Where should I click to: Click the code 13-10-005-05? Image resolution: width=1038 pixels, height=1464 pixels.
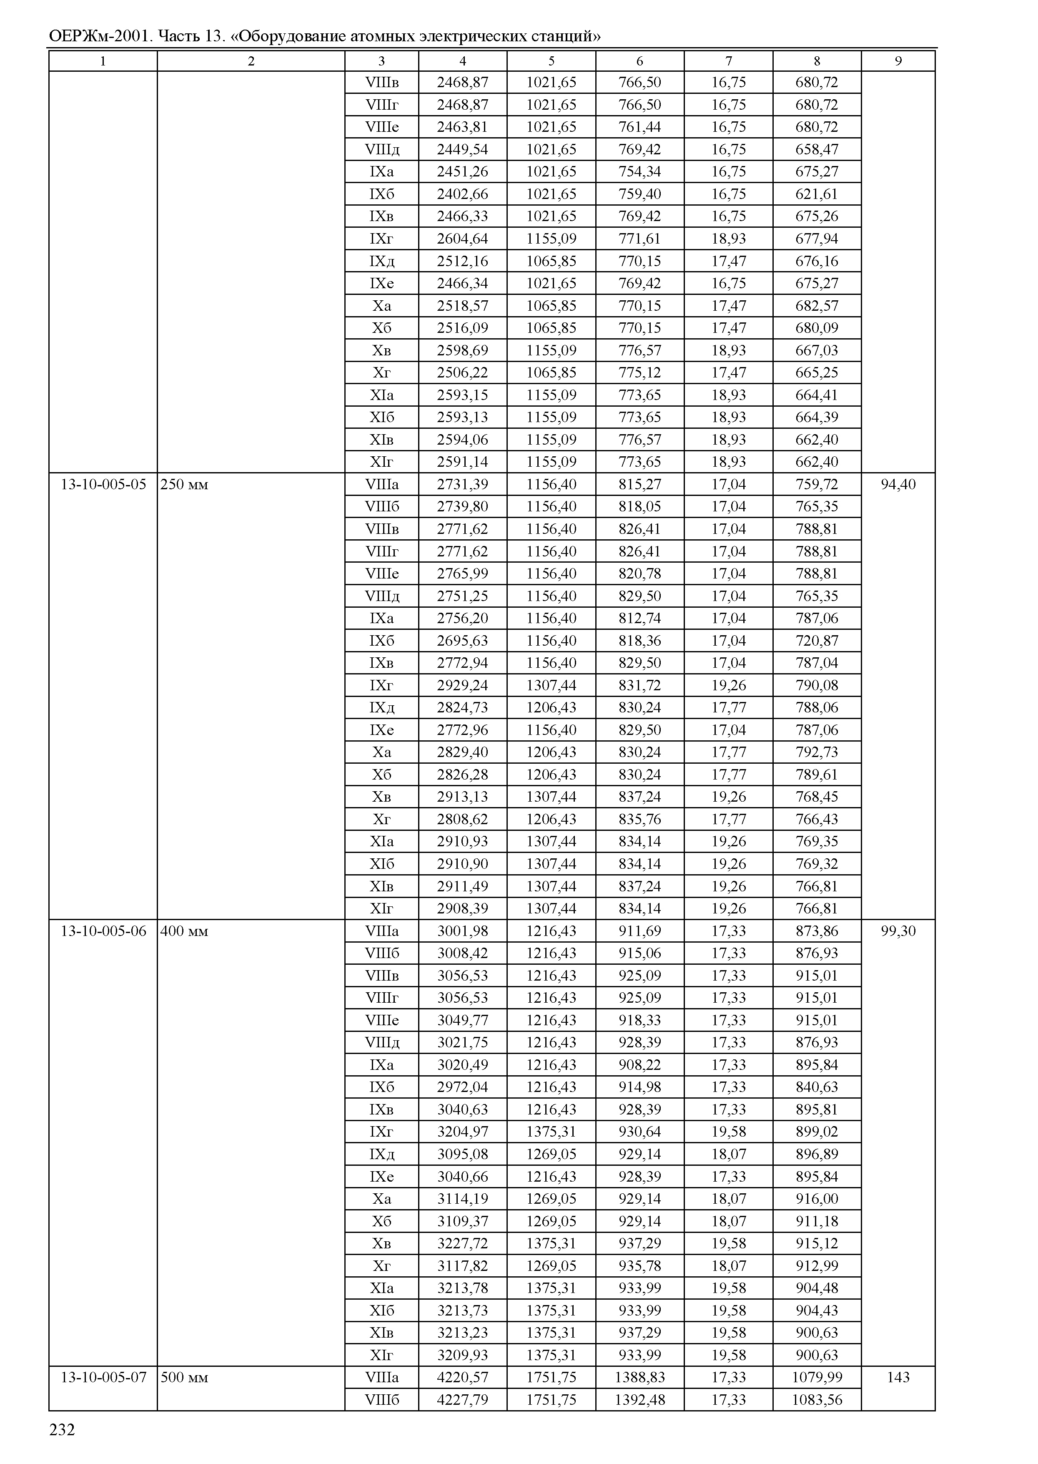(103, 485)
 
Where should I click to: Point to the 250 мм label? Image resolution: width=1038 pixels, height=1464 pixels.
(184, 485)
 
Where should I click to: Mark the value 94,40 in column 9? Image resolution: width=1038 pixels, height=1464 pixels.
(898, 485)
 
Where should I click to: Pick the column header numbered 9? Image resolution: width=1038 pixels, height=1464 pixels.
(898, 61)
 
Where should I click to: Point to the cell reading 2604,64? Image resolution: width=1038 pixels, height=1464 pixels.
(462, 239)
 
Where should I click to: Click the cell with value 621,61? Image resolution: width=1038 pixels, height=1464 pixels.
(817, 194)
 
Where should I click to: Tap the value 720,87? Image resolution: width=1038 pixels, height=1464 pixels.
(817, 641)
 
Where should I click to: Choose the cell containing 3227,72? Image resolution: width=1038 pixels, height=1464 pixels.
(462, 1243)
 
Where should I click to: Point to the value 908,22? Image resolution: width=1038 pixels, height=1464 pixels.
(640, 1065)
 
